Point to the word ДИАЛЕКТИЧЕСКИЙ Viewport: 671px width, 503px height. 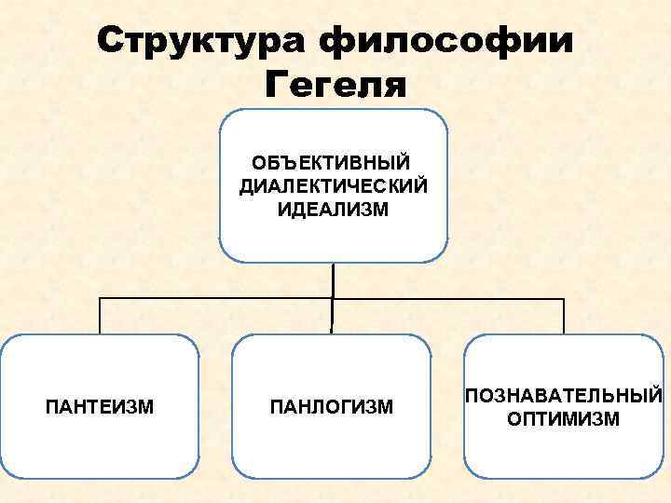[334, 186]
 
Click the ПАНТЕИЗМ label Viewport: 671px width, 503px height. [100, 406]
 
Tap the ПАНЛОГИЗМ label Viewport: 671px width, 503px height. [331, 407]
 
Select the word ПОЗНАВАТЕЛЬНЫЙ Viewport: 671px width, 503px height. [564, 396]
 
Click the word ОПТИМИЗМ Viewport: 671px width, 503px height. [563, 418]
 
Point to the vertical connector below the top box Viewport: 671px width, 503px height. [333, 279]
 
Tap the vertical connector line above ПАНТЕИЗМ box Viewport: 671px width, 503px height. [100, 317]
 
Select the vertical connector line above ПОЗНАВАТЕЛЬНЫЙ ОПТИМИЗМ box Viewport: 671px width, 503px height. [564, 317]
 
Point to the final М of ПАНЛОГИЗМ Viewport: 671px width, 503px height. [386, 407]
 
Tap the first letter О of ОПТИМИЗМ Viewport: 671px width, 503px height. [514, 418]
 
